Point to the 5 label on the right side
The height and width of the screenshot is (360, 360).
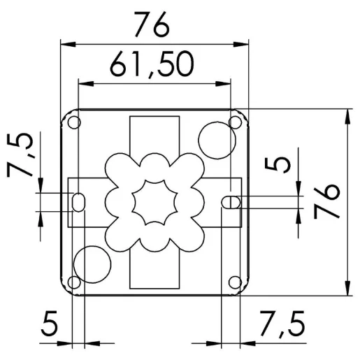(281, 164)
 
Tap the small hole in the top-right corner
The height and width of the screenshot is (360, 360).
(235, 124)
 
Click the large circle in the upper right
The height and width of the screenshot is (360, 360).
(214, 141)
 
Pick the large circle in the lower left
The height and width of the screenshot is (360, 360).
(92, 264)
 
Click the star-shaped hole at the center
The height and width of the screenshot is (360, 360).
(155, 201)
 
